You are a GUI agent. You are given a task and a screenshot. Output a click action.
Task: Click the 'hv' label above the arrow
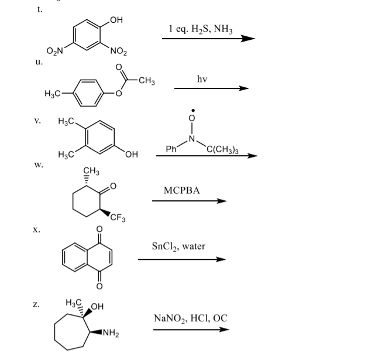coord(203,78)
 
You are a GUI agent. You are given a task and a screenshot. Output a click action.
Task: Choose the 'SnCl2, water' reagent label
coord(178,246)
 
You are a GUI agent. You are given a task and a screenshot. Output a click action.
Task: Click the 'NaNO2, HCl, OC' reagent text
coord(190,318)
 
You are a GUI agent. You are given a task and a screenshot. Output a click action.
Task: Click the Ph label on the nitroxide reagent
coord(172,149)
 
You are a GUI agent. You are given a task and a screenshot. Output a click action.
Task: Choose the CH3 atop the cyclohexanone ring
coord(91,171)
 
